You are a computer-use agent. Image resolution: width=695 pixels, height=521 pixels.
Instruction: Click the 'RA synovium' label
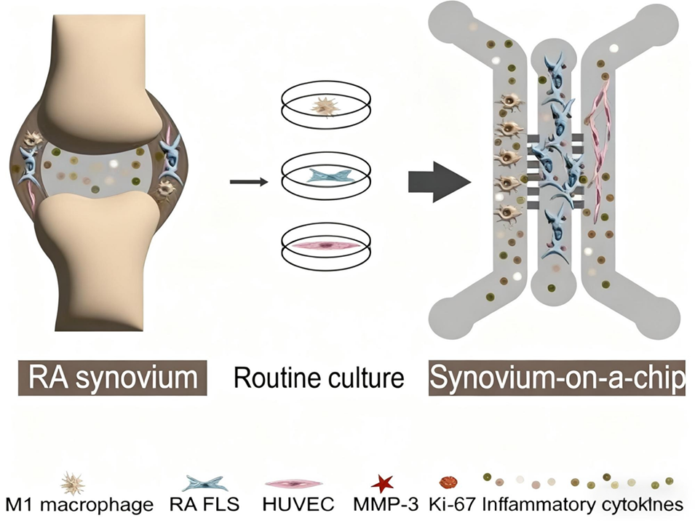pyautogui.click(x=113, y=378)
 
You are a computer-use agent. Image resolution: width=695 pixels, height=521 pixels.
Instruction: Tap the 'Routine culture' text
pyautogui.click(x=318, y=378)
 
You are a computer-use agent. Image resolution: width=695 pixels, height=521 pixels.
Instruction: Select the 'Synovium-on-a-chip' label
pyautogui.click(x=557, y=378)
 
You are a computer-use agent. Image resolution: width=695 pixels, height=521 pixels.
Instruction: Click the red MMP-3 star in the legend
pyautogui.click(x=382, y=482)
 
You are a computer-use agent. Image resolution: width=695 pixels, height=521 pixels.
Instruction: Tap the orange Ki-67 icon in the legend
pyautogui.click(x=449, y=482)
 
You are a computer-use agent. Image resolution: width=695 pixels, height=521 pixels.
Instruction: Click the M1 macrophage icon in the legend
pyautogui.click(x=76, y=482)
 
